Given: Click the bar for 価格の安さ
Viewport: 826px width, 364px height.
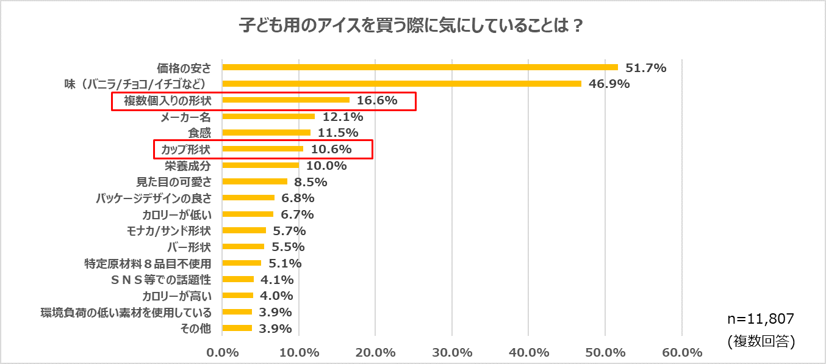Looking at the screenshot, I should coord(420,67).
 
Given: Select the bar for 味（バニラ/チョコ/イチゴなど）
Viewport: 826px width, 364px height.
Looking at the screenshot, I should coord(401,84).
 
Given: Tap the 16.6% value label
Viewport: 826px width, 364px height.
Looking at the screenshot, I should coord(377,100).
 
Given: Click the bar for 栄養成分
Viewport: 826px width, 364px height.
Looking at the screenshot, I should coord(260,165).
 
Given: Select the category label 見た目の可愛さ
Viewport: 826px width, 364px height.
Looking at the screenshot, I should coord(173,181).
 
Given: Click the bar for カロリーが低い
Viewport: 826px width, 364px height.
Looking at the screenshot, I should coord(248,214).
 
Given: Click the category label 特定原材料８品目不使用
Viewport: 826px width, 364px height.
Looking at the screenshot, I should coord(147,263).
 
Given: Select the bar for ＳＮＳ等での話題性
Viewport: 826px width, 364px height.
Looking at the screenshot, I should coord(238,280).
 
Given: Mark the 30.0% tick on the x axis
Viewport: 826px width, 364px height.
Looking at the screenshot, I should coord(452,352).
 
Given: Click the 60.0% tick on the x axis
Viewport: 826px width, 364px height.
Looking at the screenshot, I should coord(681,352).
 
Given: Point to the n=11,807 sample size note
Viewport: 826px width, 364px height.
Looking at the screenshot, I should coord(761,319).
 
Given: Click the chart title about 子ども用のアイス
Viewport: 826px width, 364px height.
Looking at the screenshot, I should coord(412,27).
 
